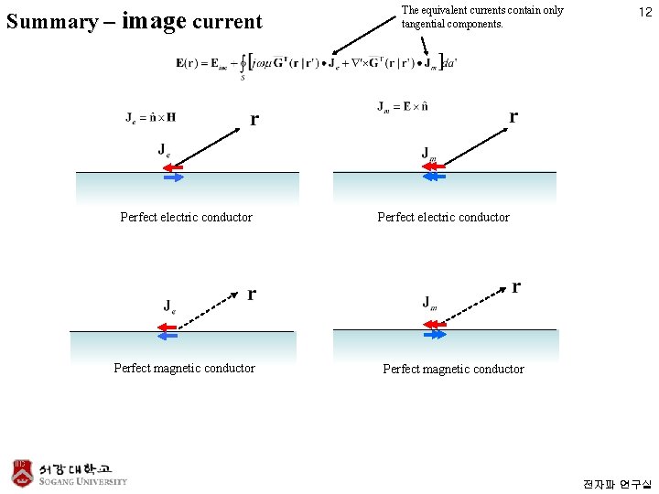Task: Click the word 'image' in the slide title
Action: [153, 20]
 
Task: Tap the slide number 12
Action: [644, 13]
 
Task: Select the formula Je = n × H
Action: [151, 117]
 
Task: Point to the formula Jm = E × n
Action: [403, 106]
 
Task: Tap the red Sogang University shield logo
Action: [23, 471]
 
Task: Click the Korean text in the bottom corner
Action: [616, 483]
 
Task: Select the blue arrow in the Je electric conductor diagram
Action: [171, 178]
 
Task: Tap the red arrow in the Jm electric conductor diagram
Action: [433, 166]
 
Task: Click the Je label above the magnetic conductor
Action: [170, 306]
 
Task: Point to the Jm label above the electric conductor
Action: [428, 152]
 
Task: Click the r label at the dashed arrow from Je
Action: [252, 294]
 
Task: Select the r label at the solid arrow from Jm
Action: [513, 116]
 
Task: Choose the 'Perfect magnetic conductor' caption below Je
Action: [184, 369]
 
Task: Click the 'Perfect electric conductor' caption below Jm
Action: [443, 218]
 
